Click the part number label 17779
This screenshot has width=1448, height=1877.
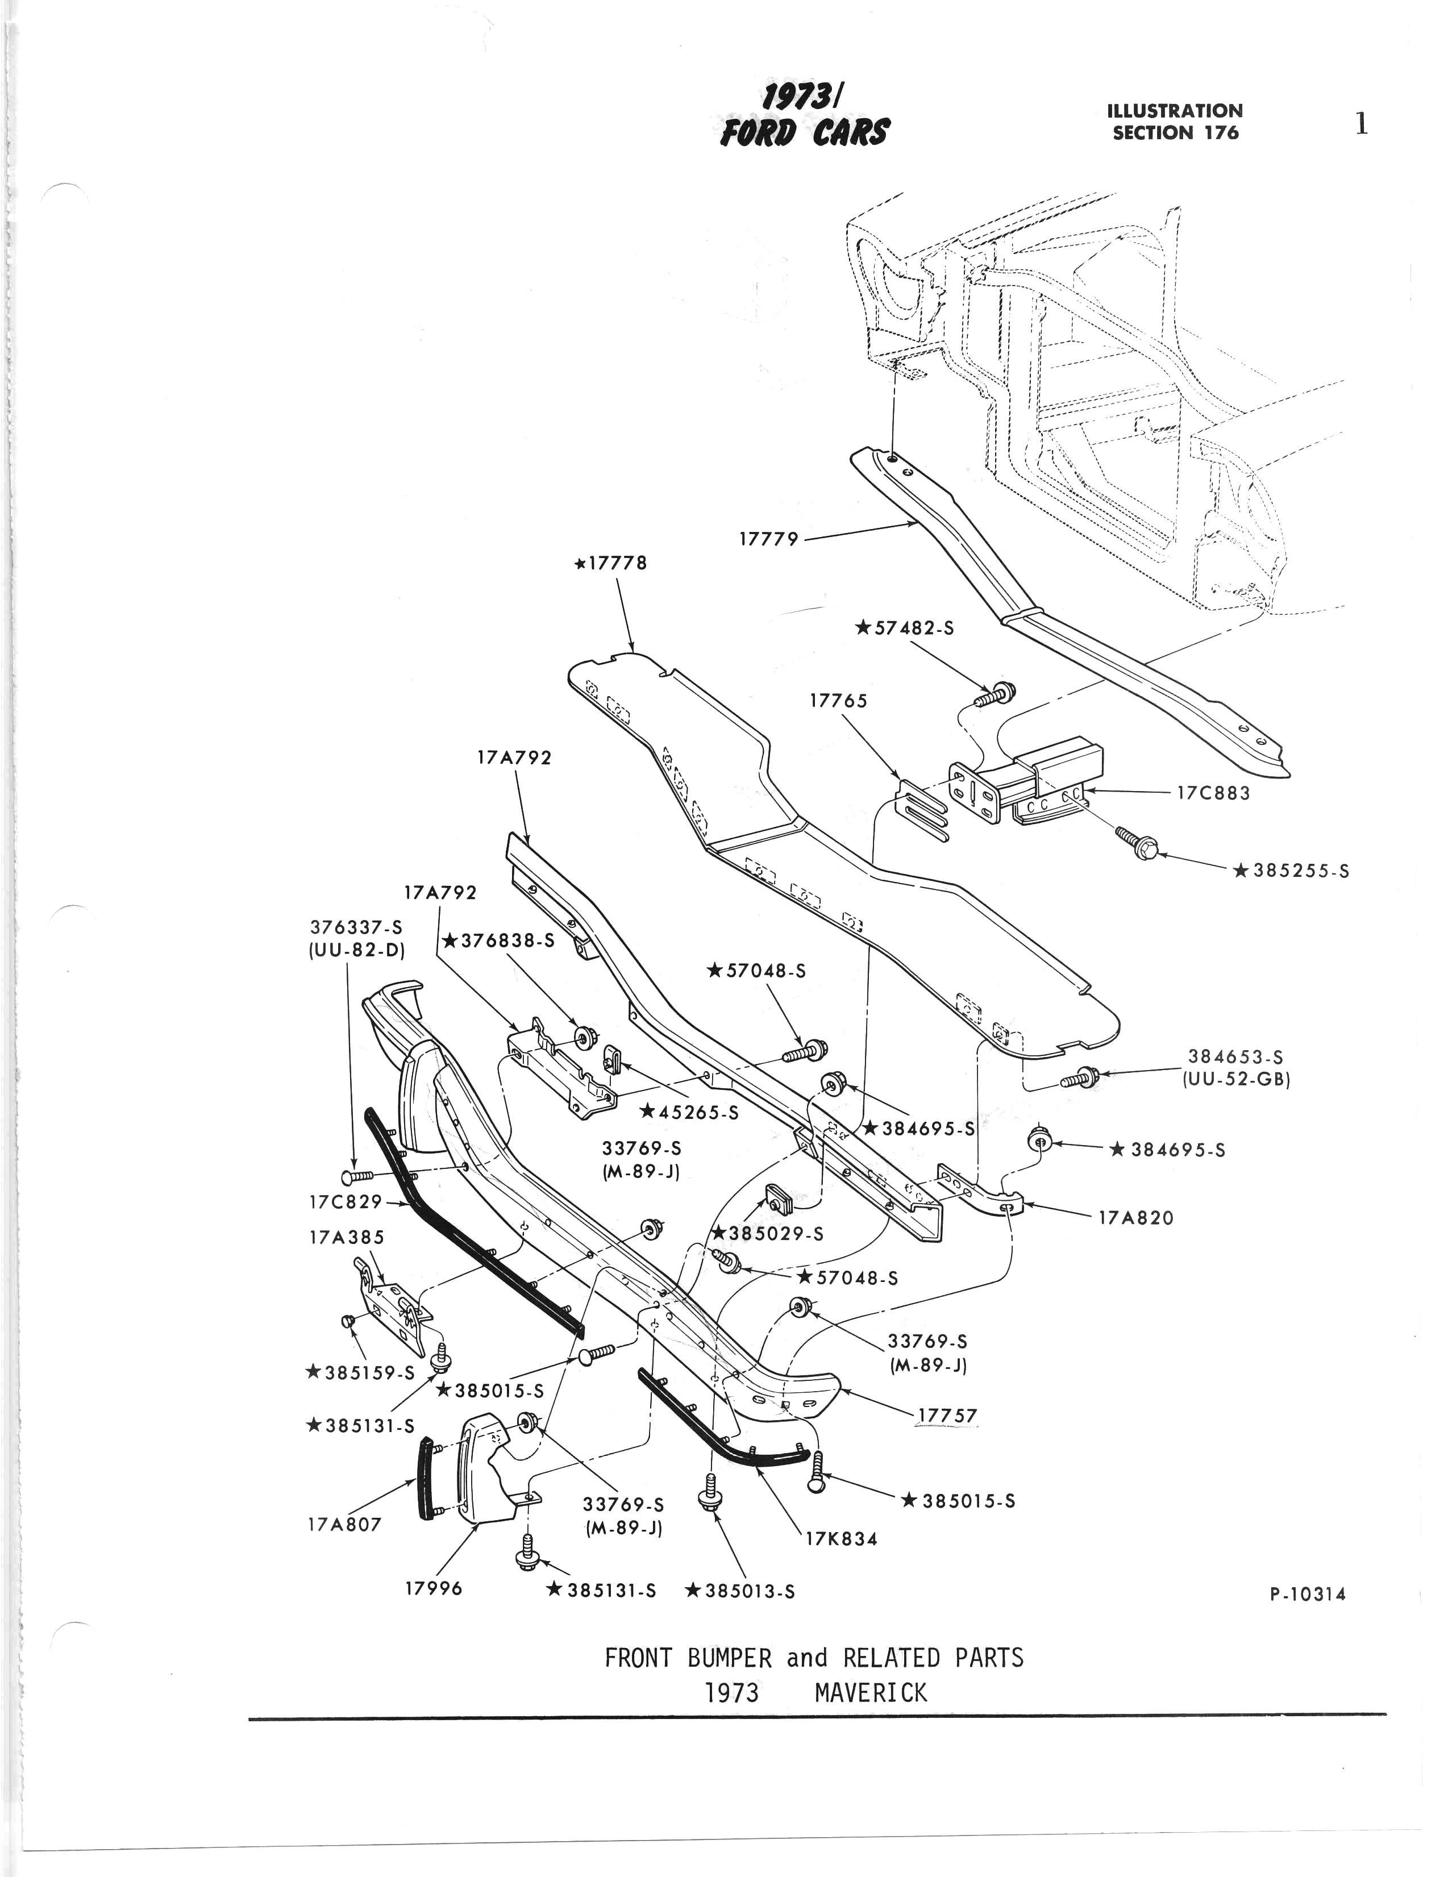tap(768, 539)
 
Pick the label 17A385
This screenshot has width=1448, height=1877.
tap(346, 1238)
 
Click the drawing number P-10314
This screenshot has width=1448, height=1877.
tap(1307, 1594)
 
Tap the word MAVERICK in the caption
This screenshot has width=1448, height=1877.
tap(871, 1692)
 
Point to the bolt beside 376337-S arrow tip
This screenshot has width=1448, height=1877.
tap(357, 1176)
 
